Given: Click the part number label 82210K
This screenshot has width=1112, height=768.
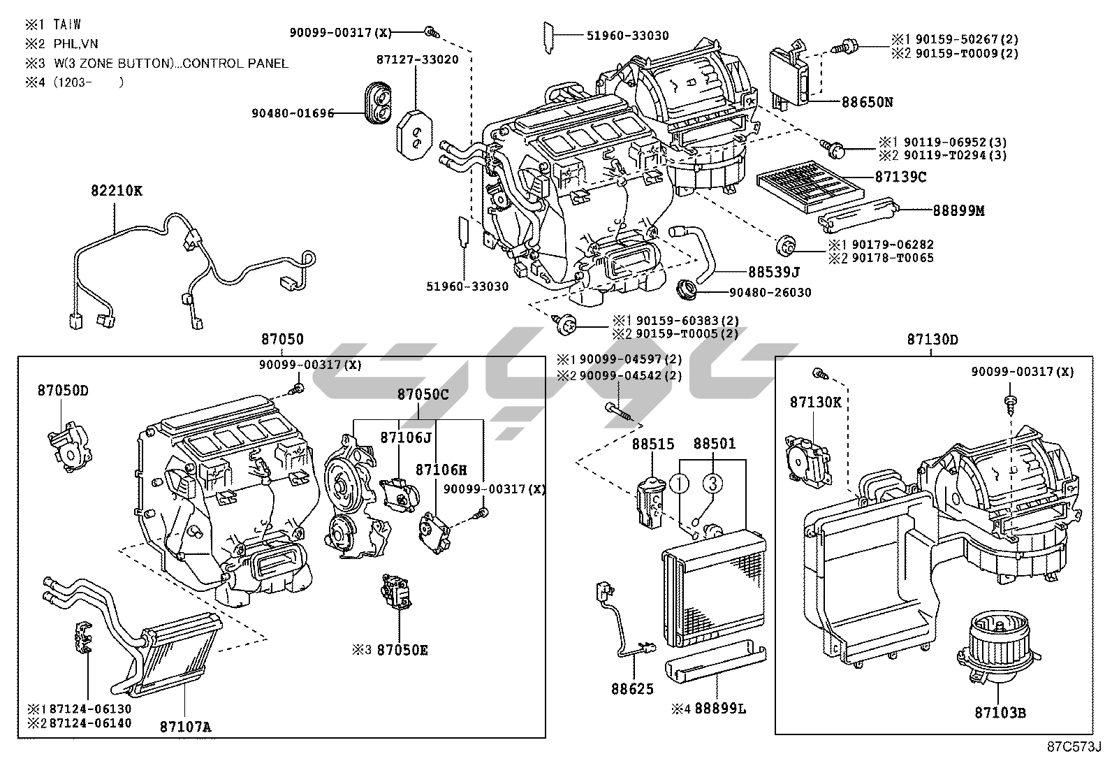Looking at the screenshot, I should (116, 190).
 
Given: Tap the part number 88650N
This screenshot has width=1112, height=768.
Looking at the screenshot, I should (867, 102).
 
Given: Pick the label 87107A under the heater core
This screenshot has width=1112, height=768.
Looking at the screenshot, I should (185, 727).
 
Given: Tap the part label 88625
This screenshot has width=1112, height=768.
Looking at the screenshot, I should (633, 689).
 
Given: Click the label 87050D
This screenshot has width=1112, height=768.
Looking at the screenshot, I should (63, 390).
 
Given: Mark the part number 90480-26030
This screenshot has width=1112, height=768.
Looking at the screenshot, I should (770, 292).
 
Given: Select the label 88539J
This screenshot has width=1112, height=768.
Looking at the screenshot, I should (773, 271).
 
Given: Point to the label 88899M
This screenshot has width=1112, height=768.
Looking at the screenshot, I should (958, 210).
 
